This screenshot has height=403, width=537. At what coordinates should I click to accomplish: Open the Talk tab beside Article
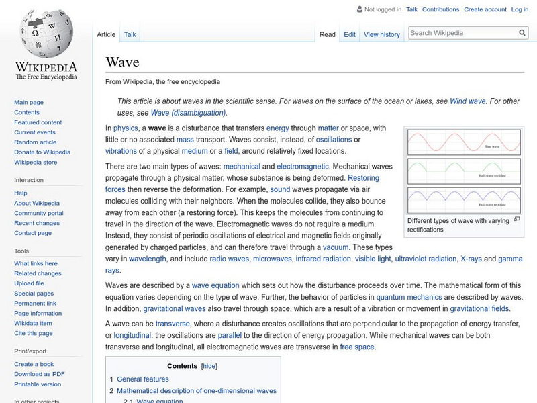coord(130,34)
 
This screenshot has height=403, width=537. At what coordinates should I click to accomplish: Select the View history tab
coord(381,34)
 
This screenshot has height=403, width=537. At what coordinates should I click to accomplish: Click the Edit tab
coord(350,34)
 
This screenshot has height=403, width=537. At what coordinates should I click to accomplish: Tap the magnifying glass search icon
coord(523,32)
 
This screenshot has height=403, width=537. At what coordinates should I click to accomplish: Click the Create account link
coord(485,9)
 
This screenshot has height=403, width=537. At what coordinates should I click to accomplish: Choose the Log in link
coord(520,9)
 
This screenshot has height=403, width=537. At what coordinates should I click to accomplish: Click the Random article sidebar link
coord(35,142)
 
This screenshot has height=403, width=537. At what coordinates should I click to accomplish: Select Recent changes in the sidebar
coord(37,223)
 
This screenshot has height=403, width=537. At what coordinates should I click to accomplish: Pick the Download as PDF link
coord(40,374)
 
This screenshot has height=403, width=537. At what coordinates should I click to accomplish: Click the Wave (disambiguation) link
coord(188,112)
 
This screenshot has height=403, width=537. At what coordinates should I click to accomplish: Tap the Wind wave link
coord(467,101)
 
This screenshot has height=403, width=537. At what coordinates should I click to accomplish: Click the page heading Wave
coord(122,62)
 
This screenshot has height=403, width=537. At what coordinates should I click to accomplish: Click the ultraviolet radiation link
coord(424,259)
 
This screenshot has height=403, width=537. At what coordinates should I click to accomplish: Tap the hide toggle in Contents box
coord(209,366)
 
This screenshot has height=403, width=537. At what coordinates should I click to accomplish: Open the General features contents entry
coord(142,379)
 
